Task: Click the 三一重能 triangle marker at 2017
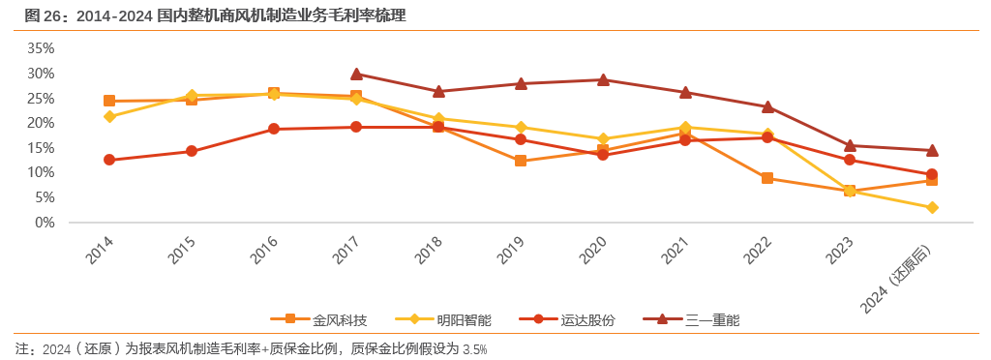click(x=356, y=74)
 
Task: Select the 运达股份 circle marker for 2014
click(x=109, y=160)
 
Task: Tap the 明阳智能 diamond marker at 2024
click(x=932, y=208)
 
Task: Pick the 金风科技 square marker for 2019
click(x=521, y=161)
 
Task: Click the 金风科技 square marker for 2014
click(x=109, y=101)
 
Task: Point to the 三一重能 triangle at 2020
click(x=603, y=80)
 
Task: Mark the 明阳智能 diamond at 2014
click(x=109, y=116)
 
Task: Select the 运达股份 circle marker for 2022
click(x=767, y=137)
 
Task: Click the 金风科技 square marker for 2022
click(x=767, y=178)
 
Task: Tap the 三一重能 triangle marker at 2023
click(x=850, y=145)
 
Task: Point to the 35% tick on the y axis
click(x=41, y=48)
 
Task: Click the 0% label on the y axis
click(x=45, y=223)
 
